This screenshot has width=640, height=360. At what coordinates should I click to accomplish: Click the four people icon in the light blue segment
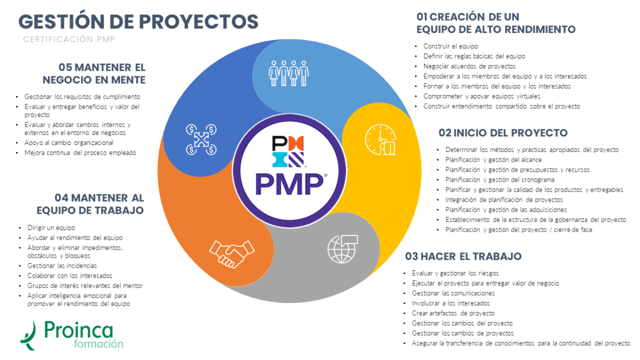coord(289,73)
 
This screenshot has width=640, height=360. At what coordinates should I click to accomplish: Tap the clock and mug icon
coord(380,140)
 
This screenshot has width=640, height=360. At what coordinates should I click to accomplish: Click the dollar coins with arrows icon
coord(201,140)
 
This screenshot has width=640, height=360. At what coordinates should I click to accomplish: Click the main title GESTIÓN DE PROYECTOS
coord(139,21)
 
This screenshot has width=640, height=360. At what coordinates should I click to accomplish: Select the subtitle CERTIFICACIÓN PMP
coord(69,39)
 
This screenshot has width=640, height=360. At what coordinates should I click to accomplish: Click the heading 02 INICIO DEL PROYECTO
coord(503,133)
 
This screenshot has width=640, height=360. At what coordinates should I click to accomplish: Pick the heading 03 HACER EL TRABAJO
coord(463,257)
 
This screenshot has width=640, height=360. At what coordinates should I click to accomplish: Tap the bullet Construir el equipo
coord(451,46)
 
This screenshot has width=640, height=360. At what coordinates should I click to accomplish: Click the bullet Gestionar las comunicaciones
coord(453,293)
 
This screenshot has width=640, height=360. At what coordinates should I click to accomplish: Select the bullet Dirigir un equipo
coord(51,227)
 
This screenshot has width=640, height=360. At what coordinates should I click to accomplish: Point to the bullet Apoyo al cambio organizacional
coord(69,143)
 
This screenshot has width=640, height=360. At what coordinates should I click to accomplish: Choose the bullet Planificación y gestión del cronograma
coord(500,180)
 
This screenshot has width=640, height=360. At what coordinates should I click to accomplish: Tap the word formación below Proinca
coord(99,344)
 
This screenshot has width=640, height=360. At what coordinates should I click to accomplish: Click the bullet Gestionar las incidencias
coord(62,266)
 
